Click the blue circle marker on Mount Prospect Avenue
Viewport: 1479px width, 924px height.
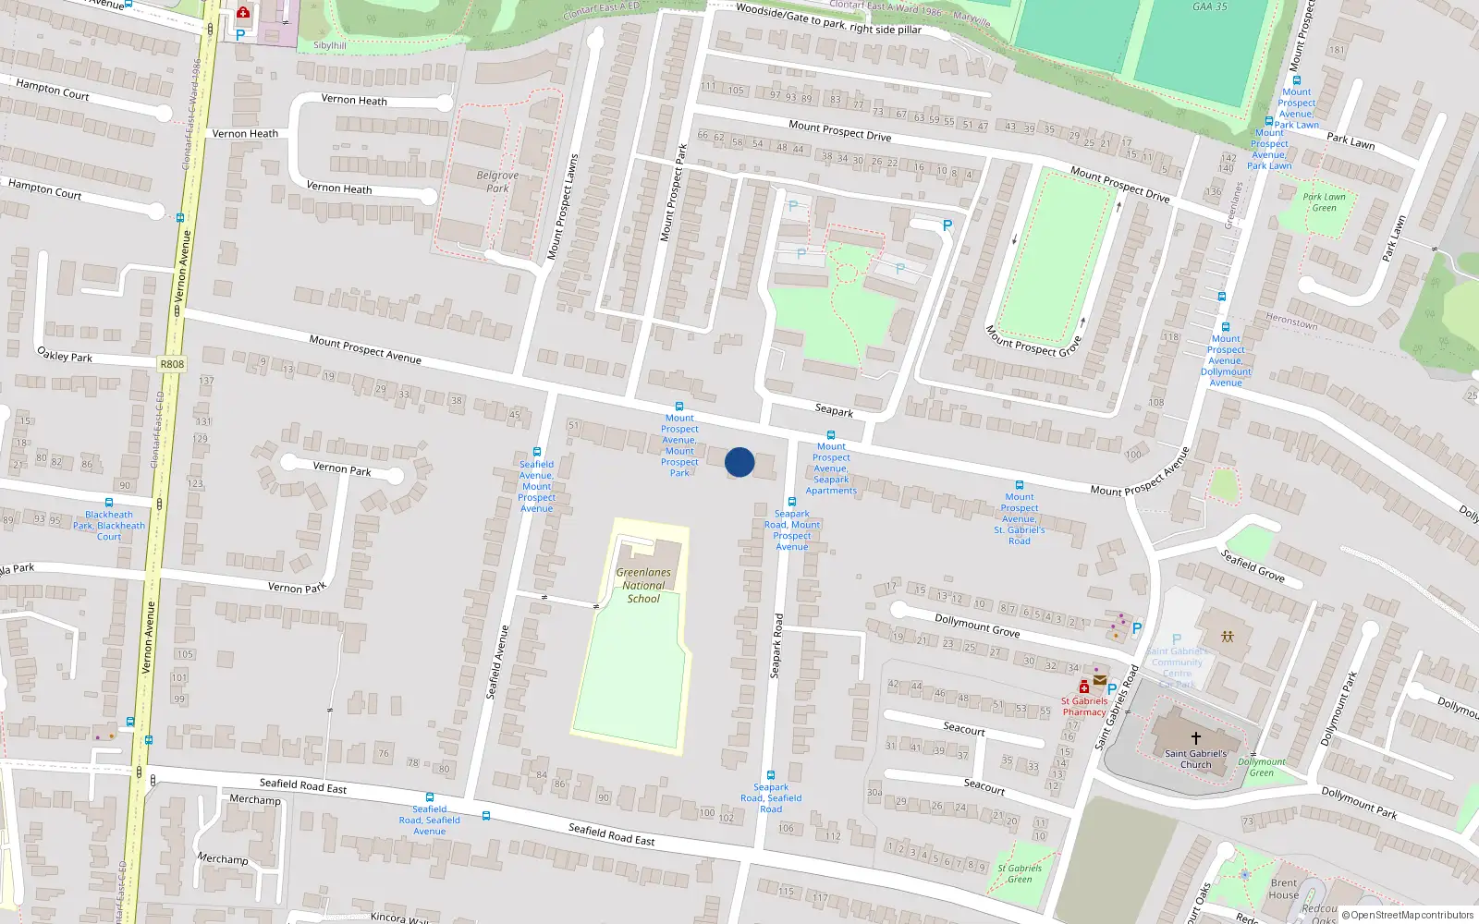(739, 462)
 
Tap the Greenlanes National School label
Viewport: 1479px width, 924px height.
(643, 586)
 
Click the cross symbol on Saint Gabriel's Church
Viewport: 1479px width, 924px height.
(1195, 738)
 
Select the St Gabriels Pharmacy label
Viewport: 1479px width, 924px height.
(1084, 707)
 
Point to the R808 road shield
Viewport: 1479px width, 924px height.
(172, 364)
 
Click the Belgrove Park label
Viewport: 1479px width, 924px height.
(497, 181)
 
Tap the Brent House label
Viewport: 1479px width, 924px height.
(1283, 889)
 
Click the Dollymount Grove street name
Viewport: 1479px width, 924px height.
(977, 626)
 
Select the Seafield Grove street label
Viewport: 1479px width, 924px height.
(1253, 565)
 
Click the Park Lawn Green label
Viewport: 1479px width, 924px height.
(1324, 202)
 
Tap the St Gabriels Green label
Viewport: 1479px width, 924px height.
(1020, 873)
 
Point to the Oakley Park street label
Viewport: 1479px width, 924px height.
(65, 355)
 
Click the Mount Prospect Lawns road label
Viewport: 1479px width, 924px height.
(563, 205)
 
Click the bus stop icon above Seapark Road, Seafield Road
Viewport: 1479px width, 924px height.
(770, 775)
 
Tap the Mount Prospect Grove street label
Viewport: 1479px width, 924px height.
(1033, 341)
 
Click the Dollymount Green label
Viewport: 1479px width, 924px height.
(1262, 768)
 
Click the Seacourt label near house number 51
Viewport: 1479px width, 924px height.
(964, 729)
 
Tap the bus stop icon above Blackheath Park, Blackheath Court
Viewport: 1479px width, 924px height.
(109, 503)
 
